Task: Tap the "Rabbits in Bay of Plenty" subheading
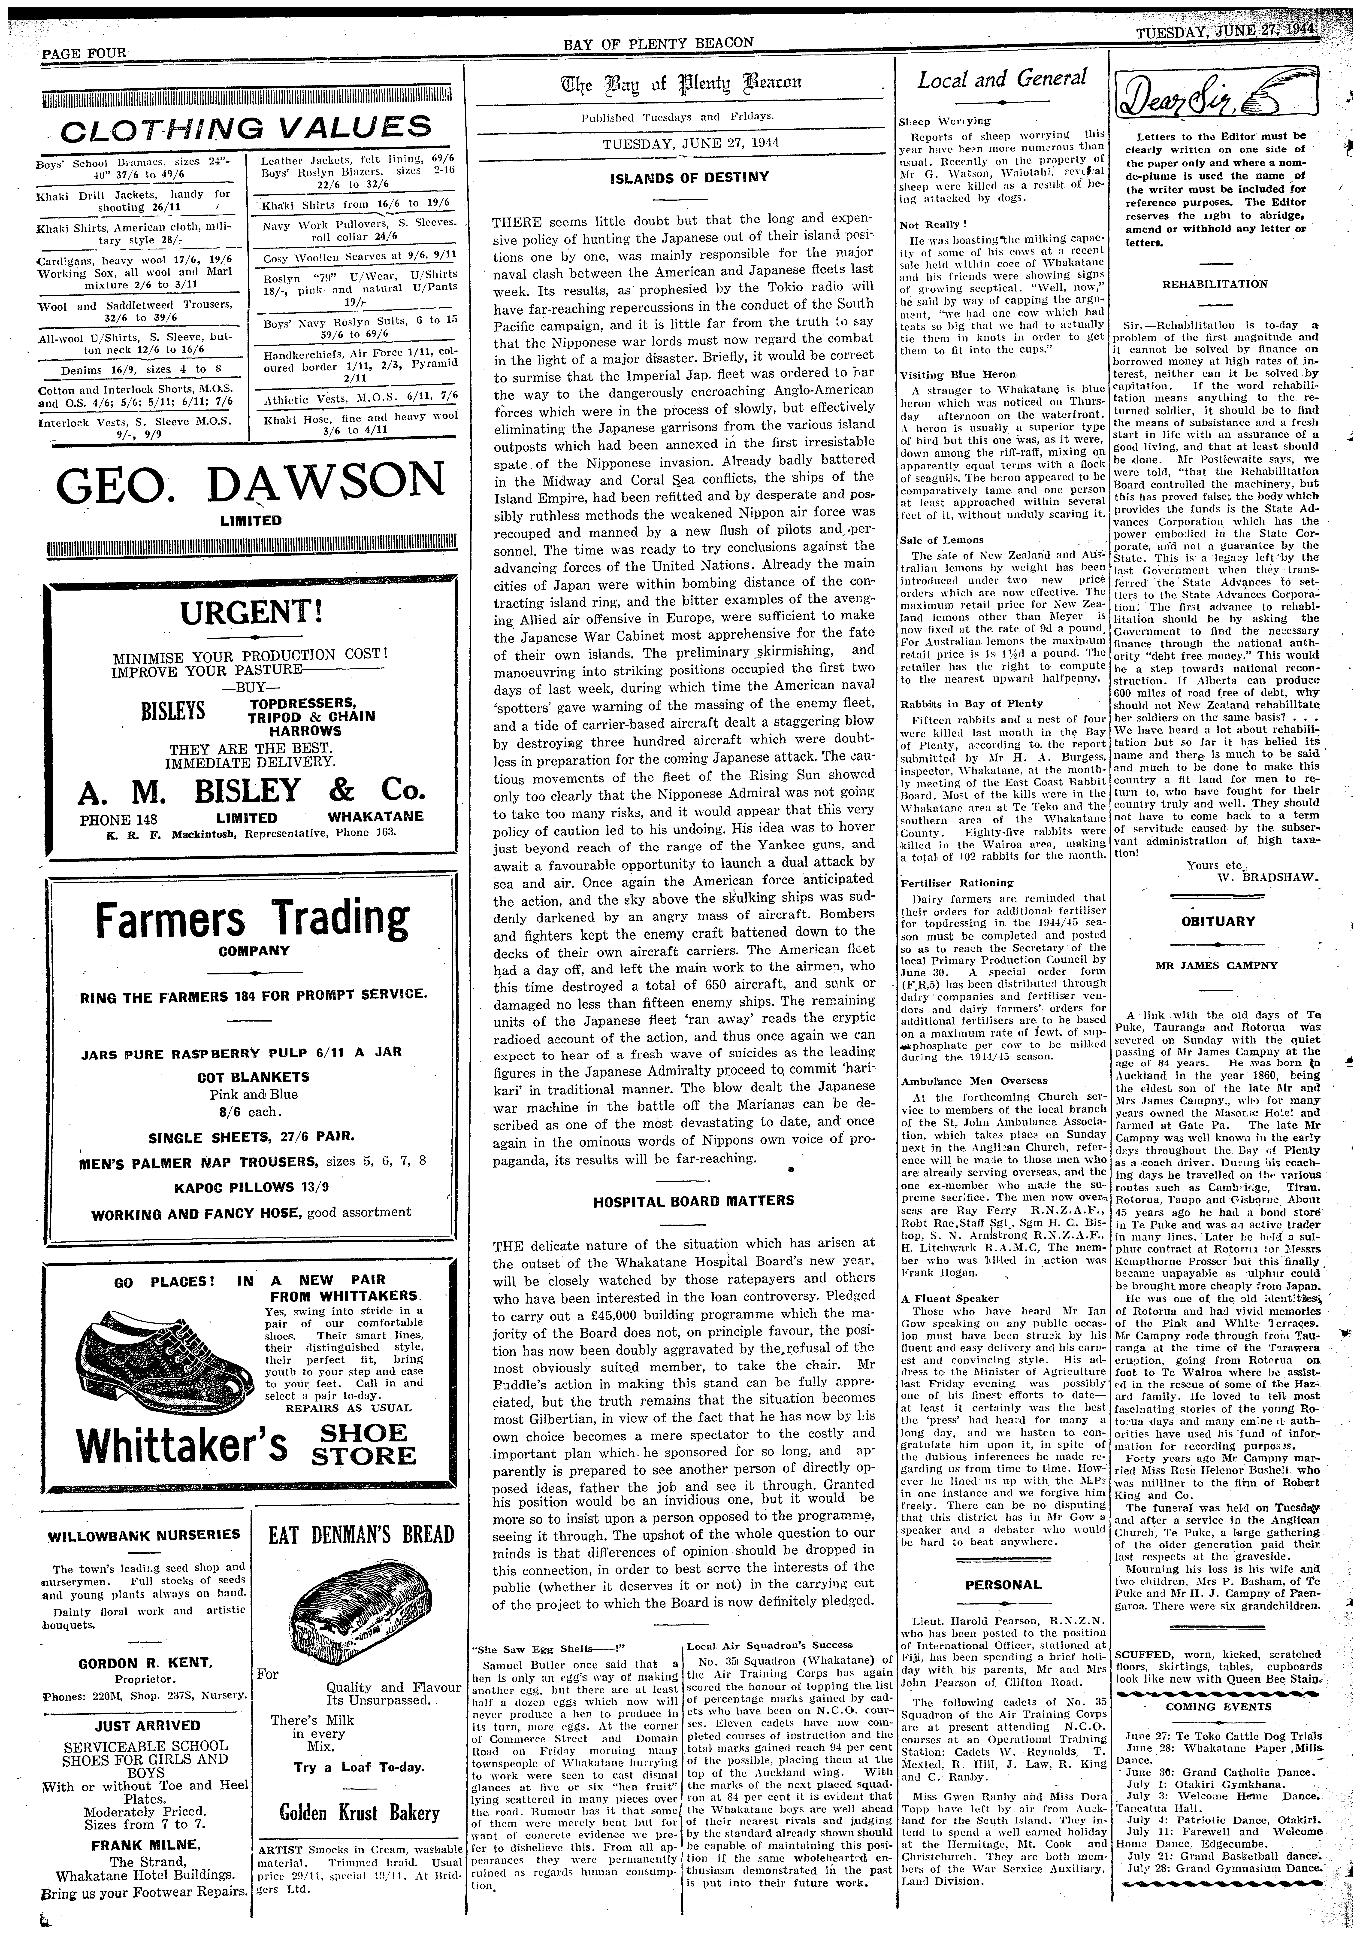(x=971, y=703)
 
